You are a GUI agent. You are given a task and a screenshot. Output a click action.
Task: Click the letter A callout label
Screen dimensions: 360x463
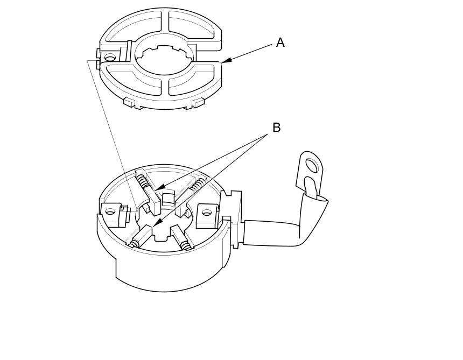click(x=280, y=43)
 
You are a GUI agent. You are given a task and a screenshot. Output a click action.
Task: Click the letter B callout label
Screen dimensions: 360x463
click(x=276, y=128)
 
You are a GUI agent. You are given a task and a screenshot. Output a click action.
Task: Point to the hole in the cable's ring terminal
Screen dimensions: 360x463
click(x=311, y=165)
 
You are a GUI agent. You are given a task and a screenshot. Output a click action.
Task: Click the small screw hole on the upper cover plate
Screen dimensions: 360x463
click(x=110, y=57)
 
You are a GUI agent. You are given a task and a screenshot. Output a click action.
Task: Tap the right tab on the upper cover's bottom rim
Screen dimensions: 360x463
click(x=199, y=102)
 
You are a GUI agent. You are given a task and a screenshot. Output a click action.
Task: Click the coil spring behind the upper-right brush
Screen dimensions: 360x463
click(x=199, y=186)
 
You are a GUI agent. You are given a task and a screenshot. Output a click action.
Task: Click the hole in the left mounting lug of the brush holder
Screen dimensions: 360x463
click(x=110, y=211)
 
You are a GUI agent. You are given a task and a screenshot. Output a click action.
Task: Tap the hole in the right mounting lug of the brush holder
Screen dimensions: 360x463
click(x=206, y=213)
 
